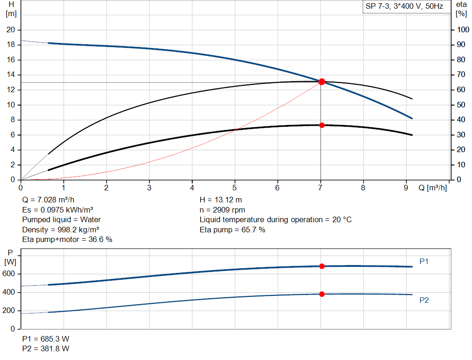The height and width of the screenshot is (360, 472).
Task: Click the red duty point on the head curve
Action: [x=322, y=82]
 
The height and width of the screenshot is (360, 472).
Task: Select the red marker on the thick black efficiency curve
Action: [x=322, y=125]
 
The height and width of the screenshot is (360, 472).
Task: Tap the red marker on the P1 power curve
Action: [x=322, y=266]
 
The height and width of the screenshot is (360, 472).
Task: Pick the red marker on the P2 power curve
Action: [x=322, y=294]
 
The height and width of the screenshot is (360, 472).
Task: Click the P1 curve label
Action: [x=424, y=262]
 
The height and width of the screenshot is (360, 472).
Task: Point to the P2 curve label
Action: [x=424, y=301]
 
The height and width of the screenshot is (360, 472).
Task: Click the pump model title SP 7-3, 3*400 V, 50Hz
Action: [x=404, y=7]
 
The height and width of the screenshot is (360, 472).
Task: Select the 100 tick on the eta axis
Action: [x=462, y=30]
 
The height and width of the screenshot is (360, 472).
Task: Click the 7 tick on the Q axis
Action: [x=320, y=188]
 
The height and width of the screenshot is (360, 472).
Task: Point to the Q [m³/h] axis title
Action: [x=432, y=188]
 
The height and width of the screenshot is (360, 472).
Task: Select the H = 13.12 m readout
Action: [x=220, y=200]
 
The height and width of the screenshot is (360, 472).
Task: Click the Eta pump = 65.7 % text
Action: [x=232, y=230]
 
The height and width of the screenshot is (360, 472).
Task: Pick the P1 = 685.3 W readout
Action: [x=46, y=339]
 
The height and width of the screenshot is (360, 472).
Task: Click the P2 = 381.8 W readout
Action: [x=46, y=349]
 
